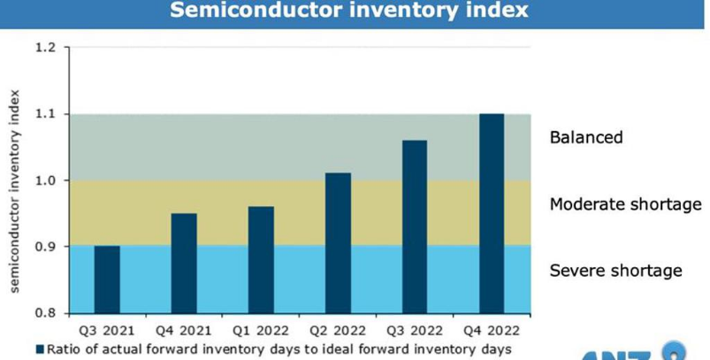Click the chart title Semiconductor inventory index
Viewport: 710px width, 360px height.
[x=348, y=11]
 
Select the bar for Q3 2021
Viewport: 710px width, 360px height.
[x=107, y=280]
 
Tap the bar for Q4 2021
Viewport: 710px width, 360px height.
[x=184, y=263]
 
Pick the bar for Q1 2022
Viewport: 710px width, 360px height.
[x=261, y=260]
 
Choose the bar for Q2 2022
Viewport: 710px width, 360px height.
[x=338, y=243]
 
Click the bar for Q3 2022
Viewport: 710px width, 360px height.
[x=414, y=226]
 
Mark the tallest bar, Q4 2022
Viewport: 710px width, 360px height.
[x=492, y=213]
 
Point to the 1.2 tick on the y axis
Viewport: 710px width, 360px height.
[x=45, y=48]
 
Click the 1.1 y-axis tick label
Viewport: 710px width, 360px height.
[x=45, y=114]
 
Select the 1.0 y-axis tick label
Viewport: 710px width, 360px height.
[x=45, y=180]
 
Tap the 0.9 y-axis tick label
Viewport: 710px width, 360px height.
[x=45, y=247]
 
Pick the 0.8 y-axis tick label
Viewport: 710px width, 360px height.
[x=45, y=312]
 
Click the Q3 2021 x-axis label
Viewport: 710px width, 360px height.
[x=107, y=331]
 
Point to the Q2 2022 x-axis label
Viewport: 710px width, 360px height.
[x=338, y=331]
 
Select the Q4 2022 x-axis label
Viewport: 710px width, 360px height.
[x=492, y=331]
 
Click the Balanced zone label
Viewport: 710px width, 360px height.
[x=586, y=137]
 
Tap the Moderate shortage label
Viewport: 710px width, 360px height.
[x=625, y=204]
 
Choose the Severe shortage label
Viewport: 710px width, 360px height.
[x=615, y=270]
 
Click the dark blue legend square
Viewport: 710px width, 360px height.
[x=39, y=349]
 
